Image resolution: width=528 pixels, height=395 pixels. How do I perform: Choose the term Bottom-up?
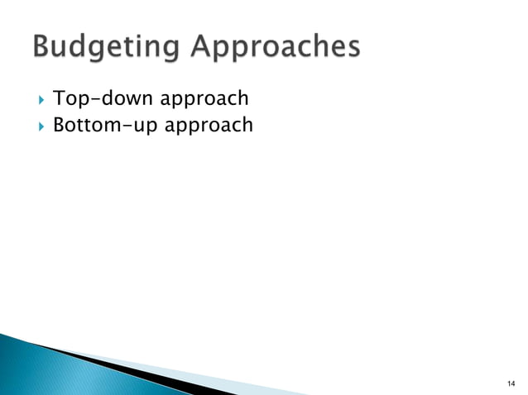point(112,126)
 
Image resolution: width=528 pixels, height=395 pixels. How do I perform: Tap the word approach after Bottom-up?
point(214,127)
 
